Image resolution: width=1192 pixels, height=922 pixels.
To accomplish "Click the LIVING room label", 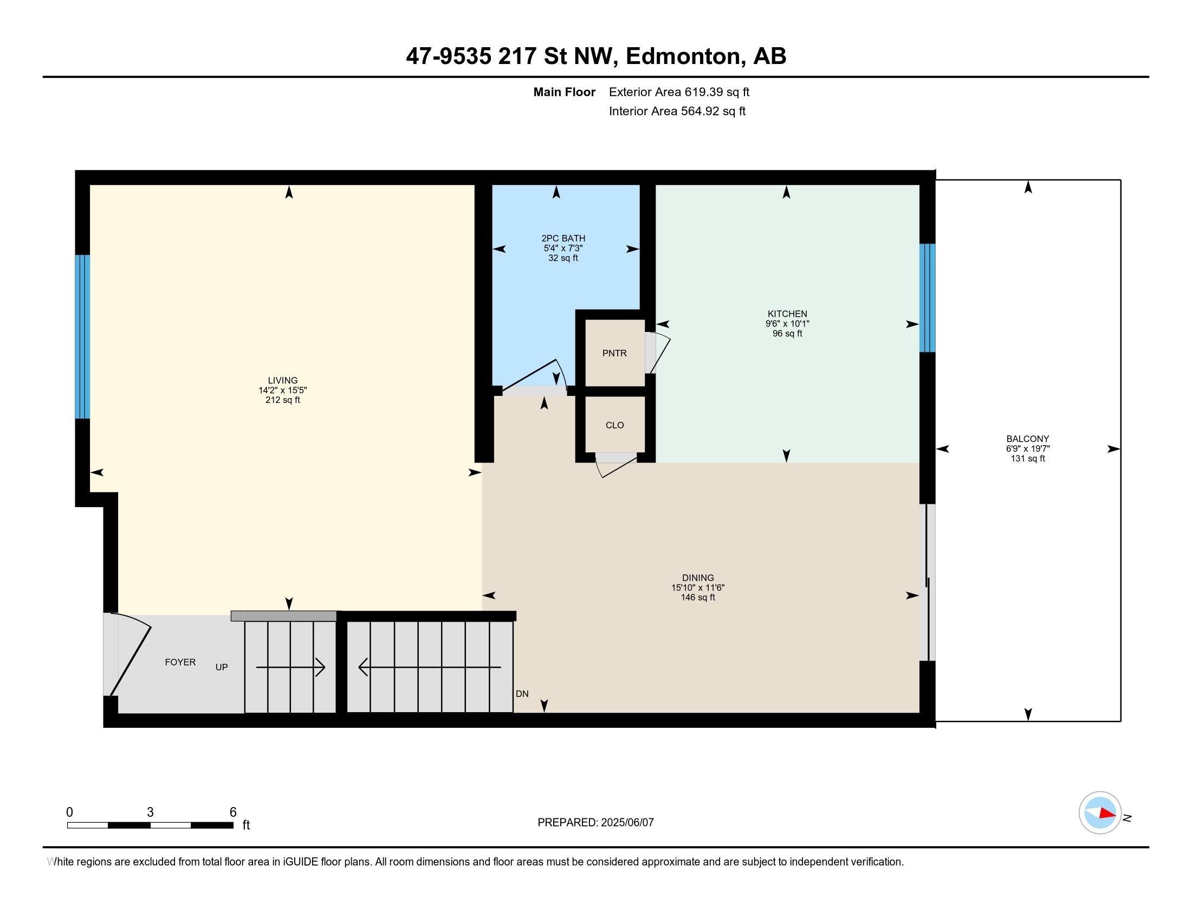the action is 283,380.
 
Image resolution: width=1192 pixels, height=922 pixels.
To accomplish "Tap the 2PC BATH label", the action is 563,238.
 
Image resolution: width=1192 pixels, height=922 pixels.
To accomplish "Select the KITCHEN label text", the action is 787,313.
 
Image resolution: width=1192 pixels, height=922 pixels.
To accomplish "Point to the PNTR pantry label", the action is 614,354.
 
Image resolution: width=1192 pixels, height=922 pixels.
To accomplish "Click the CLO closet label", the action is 614,426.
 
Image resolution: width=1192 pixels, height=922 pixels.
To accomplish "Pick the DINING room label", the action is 698,578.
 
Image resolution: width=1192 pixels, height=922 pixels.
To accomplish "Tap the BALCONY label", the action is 1028,439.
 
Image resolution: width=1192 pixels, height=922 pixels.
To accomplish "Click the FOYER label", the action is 180,662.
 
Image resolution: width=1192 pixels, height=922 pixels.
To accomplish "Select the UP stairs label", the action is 222,667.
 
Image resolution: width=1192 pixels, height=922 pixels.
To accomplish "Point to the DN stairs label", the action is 522,694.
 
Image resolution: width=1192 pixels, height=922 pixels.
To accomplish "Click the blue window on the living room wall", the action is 82,336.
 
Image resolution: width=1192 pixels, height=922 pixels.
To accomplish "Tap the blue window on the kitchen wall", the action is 927,298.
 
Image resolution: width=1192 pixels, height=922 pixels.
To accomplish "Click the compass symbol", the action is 1100,812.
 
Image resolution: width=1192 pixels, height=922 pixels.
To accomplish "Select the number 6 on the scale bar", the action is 233,812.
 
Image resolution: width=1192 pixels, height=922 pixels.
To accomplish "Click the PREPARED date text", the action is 595,822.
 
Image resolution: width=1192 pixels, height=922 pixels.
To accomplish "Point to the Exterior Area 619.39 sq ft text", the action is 679,92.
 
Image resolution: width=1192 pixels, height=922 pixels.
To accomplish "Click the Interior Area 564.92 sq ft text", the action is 677,111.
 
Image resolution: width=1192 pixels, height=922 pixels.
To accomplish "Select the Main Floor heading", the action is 565,92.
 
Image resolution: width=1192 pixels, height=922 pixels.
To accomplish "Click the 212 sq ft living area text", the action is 283,400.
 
